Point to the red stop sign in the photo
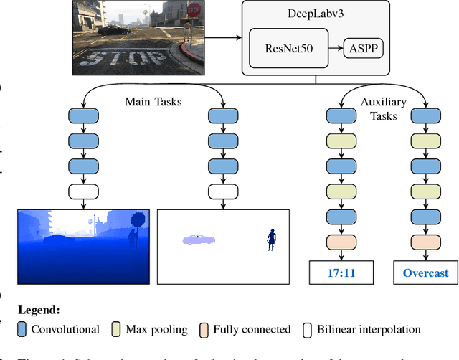click(x=192, y=10)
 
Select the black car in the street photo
click(x=113, y=30)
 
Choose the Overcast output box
click(x=425, y=273)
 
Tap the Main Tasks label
click(x=152, y=102)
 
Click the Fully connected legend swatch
click(x=204, y=330)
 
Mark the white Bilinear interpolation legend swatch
click(x=308, y=330)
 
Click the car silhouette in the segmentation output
click(x=198, y=239)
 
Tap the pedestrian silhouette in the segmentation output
click(x=272, y=239)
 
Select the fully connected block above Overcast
click(x=425, y=242)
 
